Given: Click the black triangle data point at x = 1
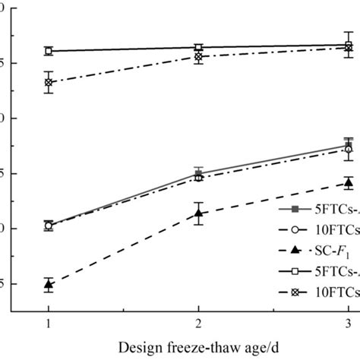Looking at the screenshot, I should coord(49,285).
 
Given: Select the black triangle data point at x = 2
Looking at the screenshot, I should coord(199,213).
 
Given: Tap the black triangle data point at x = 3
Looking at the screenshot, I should coord(349,182).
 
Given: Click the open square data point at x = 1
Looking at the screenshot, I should coord(49,51).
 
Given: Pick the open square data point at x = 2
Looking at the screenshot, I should coord(199,47).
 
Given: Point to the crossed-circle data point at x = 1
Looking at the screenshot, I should coord(49,82).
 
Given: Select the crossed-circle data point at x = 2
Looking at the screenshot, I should coord(199,56).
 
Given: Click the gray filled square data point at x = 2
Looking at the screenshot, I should coord(199,173).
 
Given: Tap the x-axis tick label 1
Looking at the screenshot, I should coord(49,323).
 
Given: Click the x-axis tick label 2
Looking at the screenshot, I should coord(199,323).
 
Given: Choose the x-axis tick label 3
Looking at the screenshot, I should coord(349,323).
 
